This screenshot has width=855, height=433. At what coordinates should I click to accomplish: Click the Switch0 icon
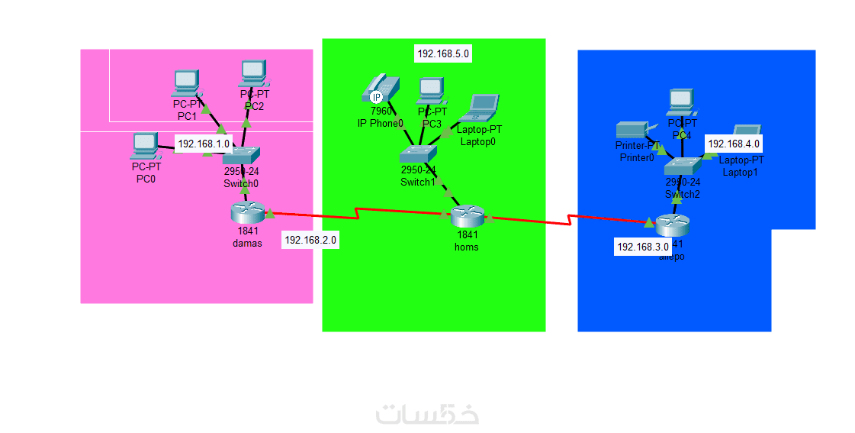click(x=242, y=157)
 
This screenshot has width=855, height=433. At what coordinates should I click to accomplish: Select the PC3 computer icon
click(x=431, y=91)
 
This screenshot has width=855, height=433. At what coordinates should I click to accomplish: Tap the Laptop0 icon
click(x=484, y=108)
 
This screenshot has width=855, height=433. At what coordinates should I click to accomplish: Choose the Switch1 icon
click(x=418, y=154)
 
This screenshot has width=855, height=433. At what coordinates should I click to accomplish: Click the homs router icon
click(x=467, y=217)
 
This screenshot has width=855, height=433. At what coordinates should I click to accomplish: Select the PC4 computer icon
click(x=682, y=102)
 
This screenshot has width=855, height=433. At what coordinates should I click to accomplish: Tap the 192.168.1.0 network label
click(x=204, y=144)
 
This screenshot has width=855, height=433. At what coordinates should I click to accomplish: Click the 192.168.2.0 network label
click(x=310, y=240)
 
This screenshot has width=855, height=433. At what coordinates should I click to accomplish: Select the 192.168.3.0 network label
click(x=642, y=247)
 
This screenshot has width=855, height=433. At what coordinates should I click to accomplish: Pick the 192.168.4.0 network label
click(x=734, y=143)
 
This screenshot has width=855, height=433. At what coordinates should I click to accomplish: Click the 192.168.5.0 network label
click(x=443, y=53)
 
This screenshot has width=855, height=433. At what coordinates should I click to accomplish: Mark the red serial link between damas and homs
click(x=358, y=212)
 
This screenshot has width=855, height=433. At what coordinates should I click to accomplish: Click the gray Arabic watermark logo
click(x=427, y=413)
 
